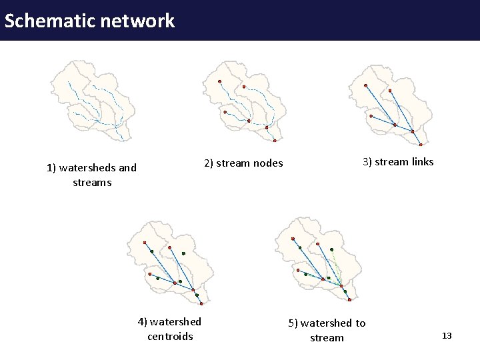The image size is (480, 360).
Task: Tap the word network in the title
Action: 139,21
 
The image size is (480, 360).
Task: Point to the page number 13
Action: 447,336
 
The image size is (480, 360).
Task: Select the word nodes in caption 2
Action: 267,163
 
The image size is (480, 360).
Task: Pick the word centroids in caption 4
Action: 170,337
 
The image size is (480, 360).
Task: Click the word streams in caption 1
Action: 92,183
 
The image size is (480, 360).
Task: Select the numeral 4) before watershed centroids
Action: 143,322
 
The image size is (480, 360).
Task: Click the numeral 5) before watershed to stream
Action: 293,323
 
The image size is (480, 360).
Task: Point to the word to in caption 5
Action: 360,323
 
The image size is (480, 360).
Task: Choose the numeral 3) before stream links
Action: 367,162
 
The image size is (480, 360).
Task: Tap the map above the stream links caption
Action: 393,103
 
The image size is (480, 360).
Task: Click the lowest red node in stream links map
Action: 421,145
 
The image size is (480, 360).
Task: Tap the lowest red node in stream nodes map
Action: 275,141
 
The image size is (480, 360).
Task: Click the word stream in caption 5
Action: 327,338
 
